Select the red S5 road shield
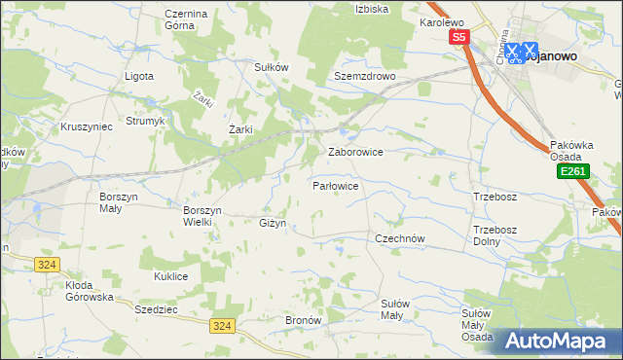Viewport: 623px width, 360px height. click(459, 37)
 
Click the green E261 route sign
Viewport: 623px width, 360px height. click(571, 171)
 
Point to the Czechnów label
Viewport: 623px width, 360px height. click(401, 237)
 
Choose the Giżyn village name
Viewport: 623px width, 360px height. click(273, 224)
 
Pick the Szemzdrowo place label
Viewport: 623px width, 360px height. click(363, 75)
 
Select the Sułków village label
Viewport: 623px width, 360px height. click(271, 67)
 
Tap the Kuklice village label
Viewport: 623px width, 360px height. click(170, 277)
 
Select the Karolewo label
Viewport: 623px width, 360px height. click(442, 21)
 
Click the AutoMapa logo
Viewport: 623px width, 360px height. click(560, 342)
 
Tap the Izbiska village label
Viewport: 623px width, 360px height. click(372, 9)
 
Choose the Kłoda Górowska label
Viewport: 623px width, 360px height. click(90, 291)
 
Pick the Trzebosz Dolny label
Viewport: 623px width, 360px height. click(494, 235)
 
